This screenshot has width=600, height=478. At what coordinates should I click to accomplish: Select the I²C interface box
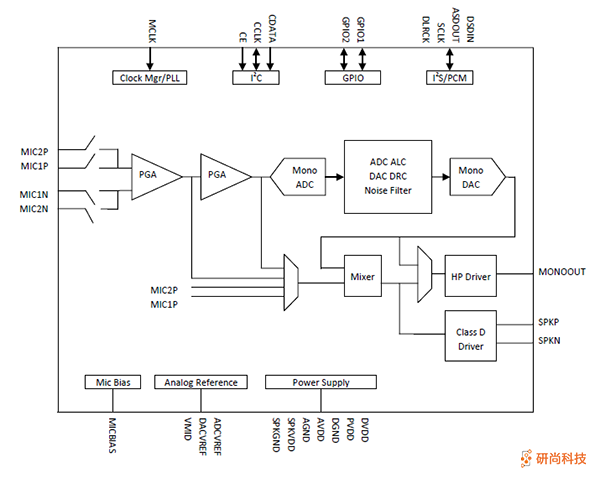tap(255, 77)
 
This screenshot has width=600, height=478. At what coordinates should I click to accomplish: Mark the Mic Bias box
tap(112, 382)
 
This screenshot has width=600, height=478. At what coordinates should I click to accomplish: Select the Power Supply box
tap(320, 382)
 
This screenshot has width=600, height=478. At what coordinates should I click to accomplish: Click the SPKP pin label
tap(549, 323)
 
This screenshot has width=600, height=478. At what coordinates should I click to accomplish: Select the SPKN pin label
tap(549, 341)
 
